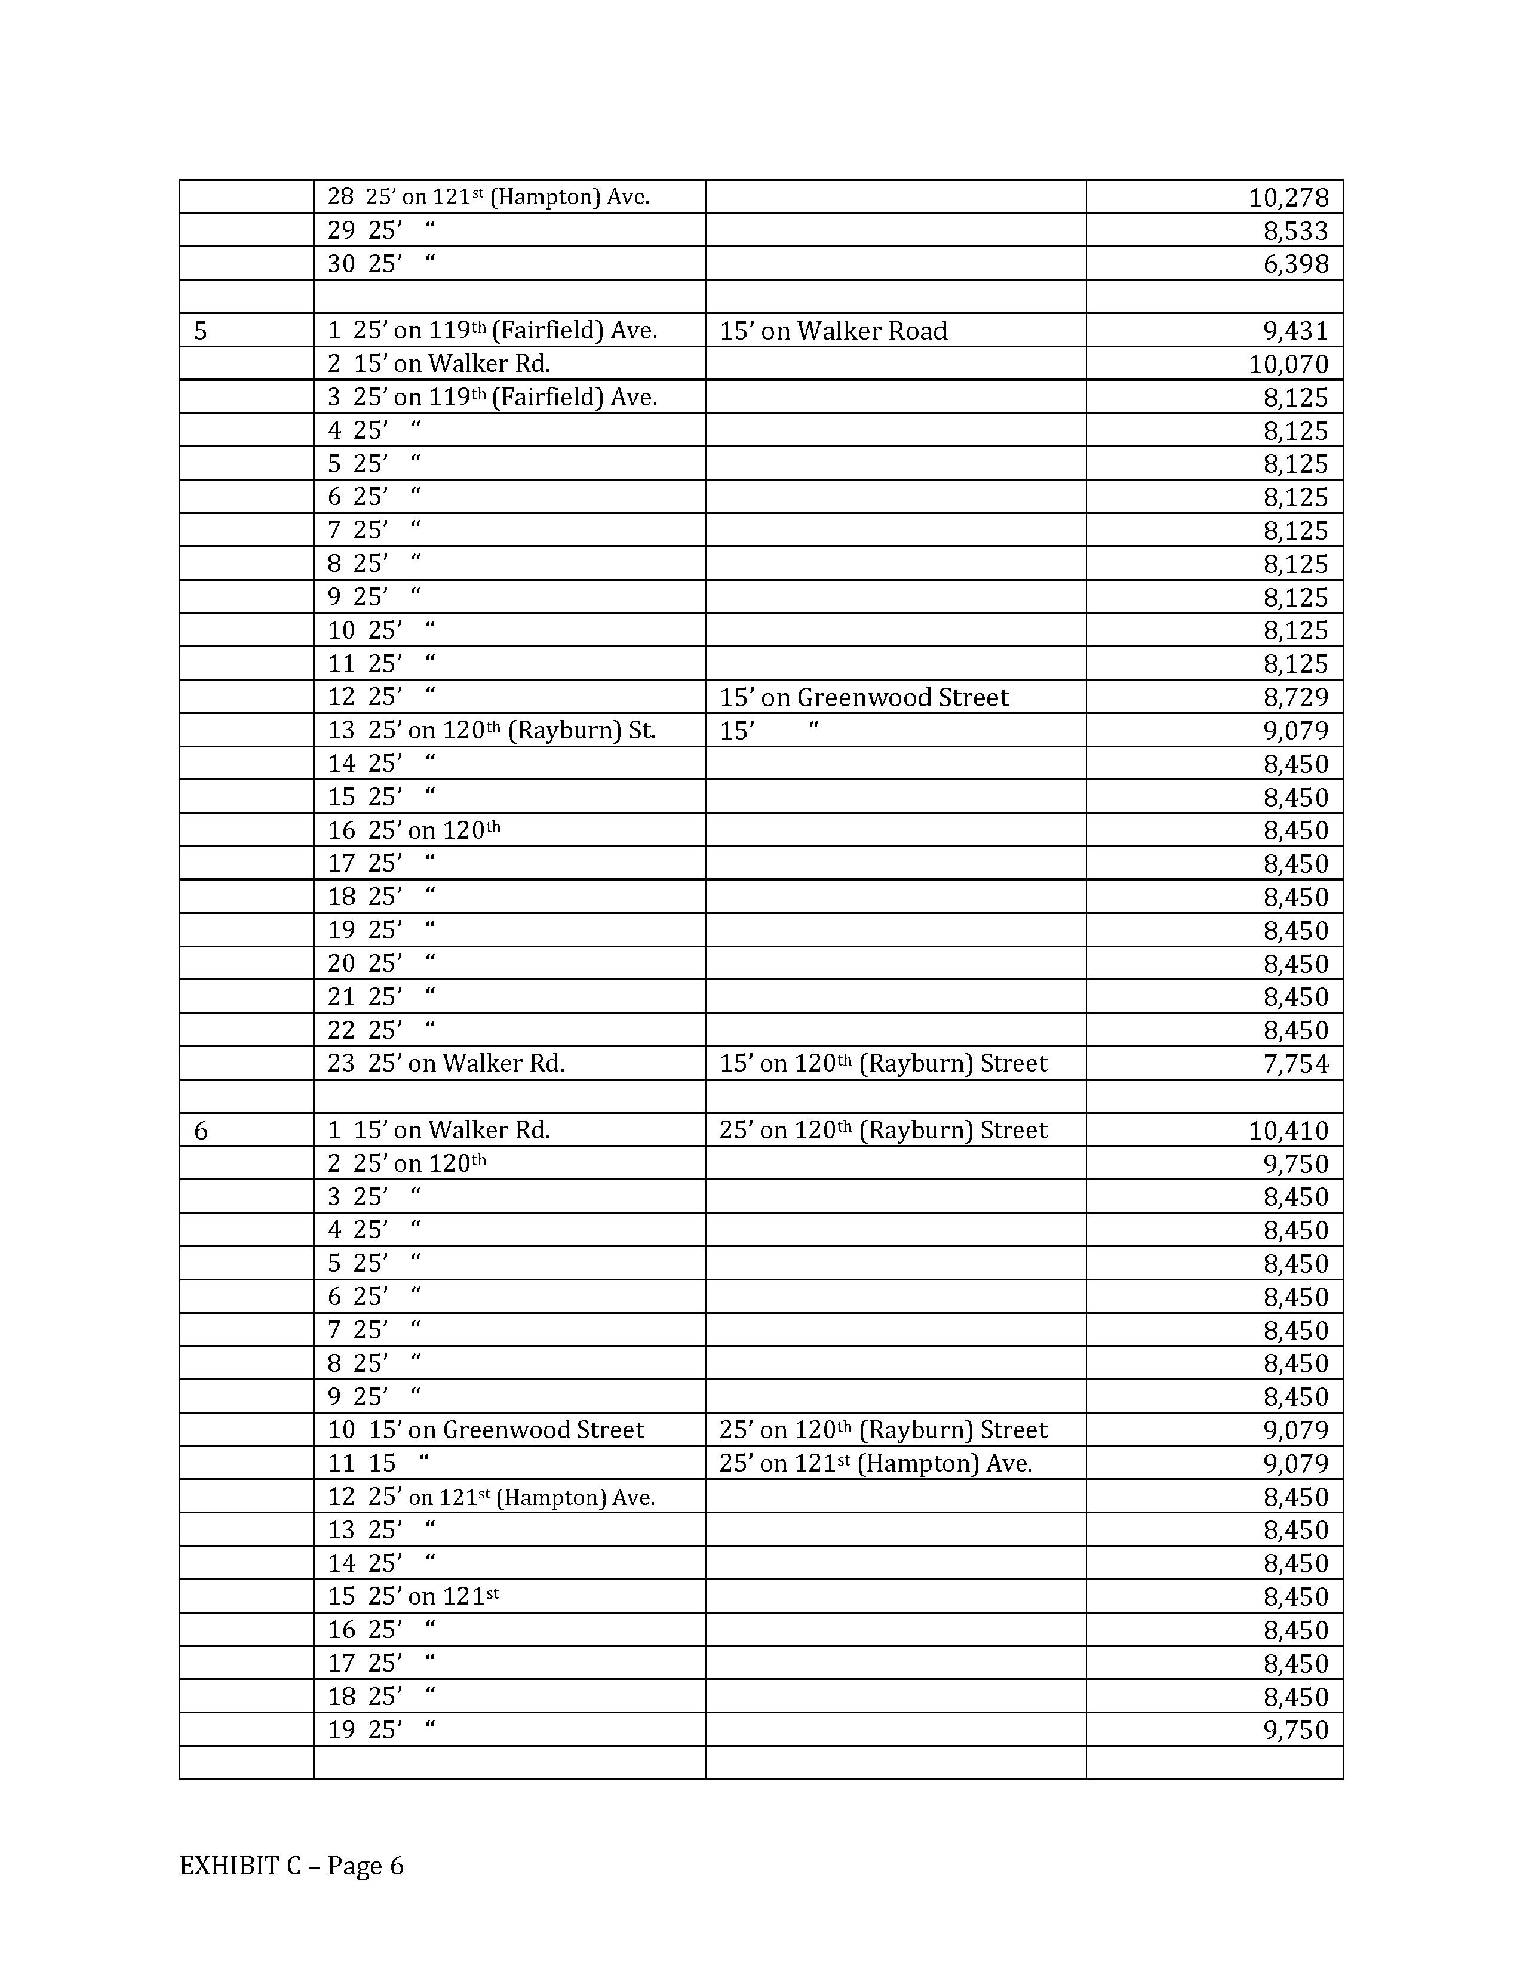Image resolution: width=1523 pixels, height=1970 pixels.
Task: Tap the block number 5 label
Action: [x=200, y=331]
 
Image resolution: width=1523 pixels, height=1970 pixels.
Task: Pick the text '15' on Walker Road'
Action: [x=833, y=331]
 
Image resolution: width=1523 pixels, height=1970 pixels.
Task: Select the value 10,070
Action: [x=1288, y=364]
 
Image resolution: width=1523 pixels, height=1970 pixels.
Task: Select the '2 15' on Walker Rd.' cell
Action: [x=438, y=364]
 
